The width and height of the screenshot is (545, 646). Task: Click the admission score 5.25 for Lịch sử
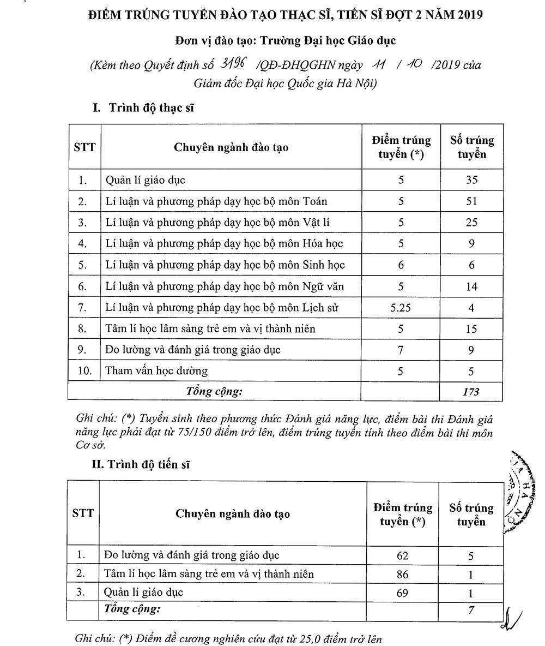click(x=401, y=308)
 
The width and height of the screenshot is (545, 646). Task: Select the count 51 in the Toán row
click(x=471, y=201)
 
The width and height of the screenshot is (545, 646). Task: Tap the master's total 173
click(x=471, y=392)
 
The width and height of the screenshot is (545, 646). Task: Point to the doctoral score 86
click(x=403, y=575)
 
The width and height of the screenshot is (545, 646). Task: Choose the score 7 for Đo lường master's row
click(x=401, y=350)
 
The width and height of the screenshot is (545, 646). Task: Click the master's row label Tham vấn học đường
click(x=156, y=371)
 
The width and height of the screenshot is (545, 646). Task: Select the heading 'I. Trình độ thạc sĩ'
click(x=144, y=107)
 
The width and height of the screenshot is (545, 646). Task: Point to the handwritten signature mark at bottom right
click(x=513, y=617)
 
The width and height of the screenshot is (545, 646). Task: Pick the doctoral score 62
click(x=403, y=556)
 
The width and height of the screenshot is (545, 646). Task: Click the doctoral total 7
click(x=471, y=611)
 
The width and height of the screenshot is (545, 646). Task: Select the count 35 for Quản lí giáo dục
click(x=471, y=180)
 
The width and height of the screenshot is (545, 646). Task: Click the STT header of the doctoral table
click(x=83, y=513)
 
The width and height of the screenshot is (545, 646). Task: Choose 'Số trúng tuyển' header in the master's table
click(x=472, y=147)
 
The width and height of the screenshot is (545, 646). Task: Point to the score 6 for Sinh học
click(x=401, y=265)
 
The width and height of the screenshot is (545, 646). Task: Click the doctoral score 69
click(x=403, y=593)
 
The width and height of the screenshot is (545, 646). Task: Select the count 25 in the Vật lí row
click(x=471, y=223)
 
